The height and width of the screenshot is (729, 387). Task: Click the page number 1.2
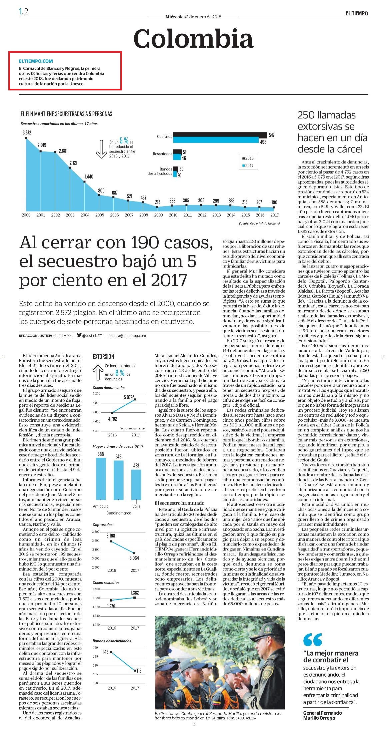tap(23, 12)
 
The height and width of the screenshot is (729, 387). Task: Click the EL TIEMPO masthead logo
tap(356, 13)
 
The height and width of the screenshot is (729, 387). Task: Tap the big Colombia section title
tap(193, 38)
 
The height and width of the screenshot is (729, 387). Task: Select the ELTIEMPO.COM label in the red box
tap(36, 61)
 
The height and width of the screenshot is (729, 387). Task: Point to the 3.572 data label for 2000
tap(27, 132)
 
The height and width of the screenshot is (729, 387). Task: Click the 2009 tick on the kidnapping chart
tap(158, 215)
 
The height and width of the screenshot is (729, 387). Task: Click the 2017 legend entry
tap(248, 165)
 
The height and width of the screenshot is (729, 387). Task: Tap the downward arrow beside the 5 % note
tap(100, 148)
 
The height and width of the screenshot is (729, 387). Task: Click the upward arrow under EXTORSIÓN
tap(97, 372)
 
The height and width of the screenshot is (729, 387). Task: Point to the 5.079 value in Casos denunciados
tap(129, 397)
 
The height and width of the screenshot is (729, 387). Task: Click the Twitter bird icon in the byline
tap(79, 335)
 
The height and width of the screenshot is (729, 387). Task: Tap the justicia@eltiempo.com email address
tap(127, 336)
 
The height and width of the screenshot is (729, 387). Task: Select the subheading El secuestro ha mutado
tap(180, 503)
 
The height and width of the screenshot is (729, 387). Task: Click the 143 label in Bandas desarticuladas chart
tap(106, 652)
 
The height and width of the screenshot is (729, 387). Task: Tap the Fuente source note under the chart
tap(259, 223)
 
